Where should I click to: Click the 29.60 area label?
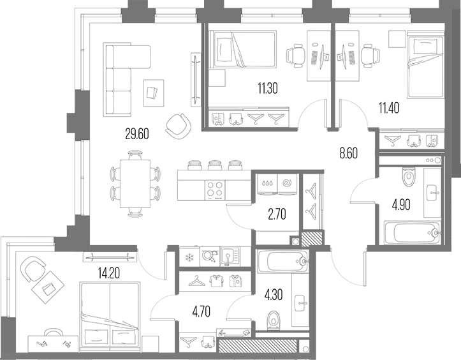(x=137, y=134)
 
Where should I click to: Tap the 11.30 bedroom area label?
(x=268, y=88)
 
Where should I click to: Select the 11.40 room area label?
(x=389, y=109)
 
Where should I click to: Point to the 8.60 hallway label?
(x=348, y=154)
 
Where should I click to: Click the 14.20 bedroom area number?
(x=108, y=274)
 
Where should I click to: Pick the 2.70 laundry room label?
(x=277, y=214)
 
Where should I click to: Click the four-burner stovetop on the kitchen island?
(x=216, y=189)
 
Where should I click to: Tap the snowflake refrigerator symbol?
(x=189, y=258)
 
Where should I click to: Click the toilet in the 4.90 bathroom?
(x=408, y=177)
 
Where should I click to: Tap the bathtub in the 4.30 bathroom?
(x=283, y=261)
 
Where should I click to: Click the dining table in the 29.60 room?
(x=135, y=184)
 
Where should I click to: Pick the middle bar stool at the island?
(x=214, y=165)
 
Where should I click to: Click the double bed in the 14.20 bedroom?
(x=110, y=317)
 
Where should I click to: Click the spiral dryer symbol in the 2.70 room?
(x=286, y=183)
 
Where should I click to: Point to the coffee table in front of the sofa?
(x=154, y=93)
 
